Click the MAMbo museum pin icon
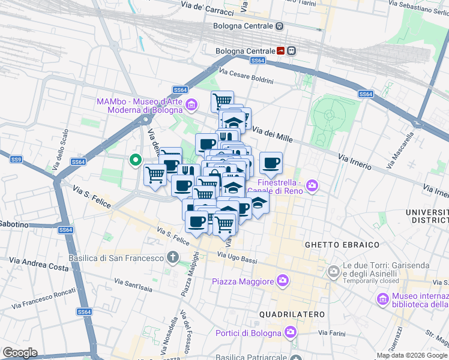click(x=191, y=106)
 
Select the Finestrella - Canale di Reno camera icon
click(x=312, y=185)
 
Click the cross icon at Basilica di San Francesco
click(x=173, y=258)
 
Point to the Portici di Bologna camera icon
click(x=291, y=332)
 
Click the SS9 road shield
click(x=16, y=159)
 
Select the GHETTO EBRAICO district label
click(x=342, y=245)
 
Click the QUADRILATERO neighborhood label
click(x=292, y=314)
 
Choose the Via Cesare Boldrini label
click(x=246, y=77)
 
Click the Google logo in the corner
click(x=20, y=353)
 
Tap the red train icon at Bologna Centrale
click(x=281, y=51)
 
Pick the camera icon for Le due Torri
click(x=334, y=272)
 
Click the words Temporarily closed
click(x=372, y=280)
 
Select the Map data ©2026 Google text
click(x=412, y=355)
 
